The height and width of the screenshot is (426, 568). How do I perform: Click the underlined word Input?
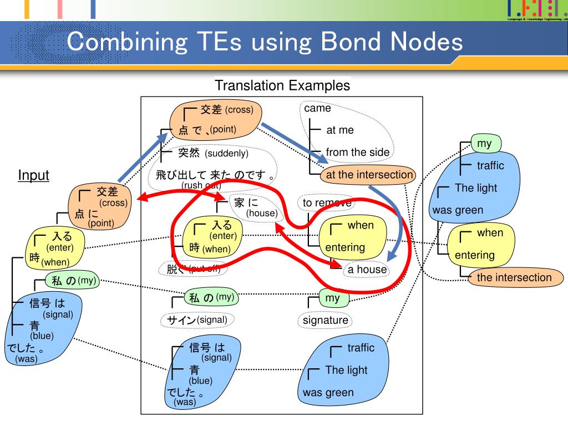[33, 176]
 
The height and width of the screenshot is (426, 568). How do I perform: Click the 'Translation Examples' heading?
[282, 85]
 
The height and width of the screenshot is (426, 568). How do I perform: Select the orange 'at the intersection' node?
[369, 175]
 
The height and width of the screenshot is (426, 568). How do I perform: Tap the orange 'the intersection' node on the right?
[514, 277]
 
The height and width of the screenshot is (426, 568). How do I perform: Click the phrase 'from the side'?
[357, 152]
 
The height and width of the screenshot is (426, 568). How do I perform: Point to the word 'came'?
[317, 108]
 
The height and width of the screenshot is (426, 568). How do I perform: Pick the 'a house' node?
[367, 270]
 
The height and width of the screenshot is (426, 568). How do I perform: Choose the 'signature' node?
[326, 320]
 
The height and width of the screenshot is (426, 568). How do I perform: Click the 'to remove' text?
[327, 203]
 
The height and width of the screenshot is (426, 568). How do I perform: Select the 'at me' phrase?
[339, 130]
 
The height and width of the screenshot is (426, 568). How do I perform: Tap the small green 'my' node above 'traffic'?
[485, 144]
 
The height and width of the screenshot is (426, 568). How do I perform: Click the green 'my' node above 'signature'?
[332, 298]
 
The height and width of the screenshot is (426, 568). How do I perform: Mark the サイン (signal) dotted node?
[197, 319]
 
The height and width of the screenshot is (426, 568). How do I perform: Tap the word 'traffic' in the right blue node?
[490, 165]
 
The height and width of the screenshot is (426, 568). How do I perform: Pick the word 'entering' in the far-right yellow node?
[474, 255]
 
